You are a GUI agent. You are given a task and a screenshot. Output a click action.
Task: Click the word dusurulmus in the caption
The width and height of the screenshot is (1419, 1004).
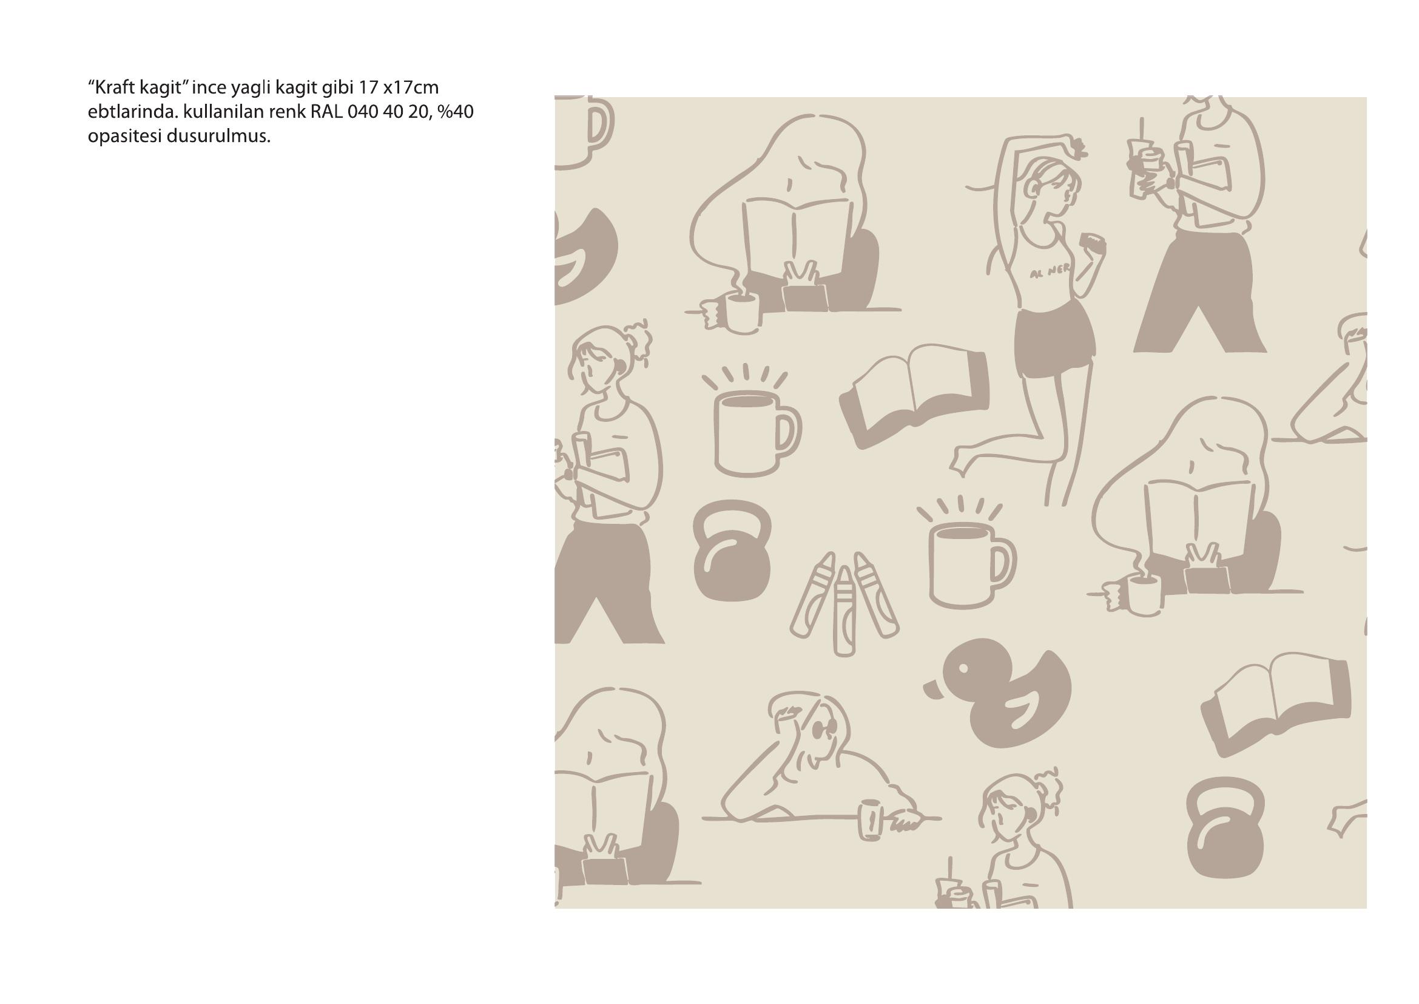[218, 137]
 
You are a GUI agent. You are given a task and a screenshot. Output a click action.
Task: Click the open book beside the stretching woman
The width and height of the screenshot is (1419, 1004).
[915, 396]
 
